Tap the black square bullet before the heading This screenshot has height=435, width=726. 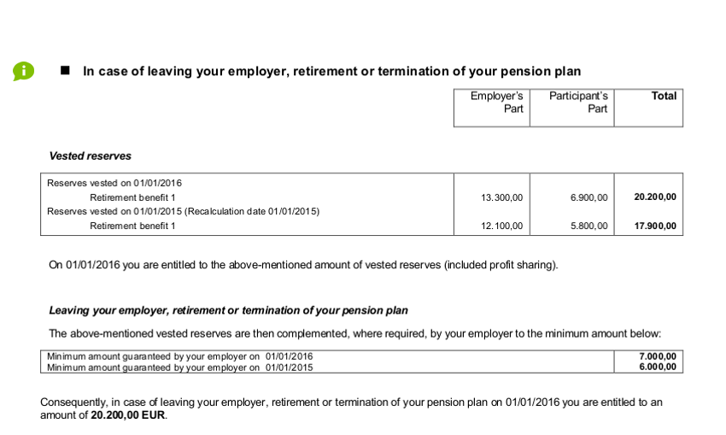click(64, 71)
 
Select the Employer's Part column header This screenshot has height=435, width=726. click(496, 103)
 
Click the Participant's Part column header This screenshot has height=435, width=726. click(578, 103)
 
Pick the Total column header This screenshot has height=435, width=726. click(664, 97)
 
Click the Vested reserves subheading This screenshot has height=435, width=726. click(91, 156)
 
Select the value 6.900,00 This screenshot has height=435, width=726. click(588, 197)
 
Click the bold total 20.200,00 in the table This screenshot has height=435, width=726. click(655, 197)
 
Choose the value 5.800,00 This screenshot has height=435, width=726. click(588, 226)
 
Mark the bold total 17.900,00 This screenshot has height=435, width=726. click(655, 226)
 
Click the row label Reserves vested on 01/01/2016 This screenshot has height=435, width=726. click(114, 183)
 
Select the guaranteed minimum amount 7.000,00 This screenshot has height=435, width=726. click(657, 356)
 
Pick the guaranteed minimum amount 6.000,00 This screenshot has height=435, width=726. click(657, 367)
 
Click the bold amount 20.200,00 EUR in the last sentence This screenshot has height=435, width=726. click(128, 415)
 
